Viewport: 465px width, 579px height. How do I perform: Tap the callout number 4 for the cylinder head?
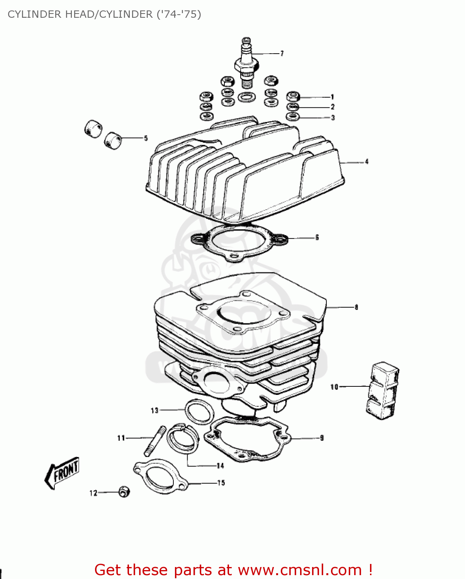pos(367,162)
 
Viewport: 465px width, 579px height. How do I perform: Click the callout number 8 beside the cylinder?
pos(356,307)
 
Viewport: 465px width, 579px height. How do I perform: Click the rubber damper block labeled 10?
pos(382,390)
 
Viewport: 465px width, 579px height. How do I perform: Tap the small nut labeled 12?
pos(124,492)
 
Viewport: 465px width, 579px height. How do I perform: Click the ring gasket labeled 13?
pos(200,411)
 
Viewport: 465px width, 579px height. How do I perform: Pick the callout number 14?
pos(220,466)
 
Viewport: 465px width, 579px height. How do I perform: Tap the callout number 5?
pos(146,138)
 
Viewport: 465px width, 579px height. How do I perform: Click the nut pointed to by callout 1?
pos(293,96)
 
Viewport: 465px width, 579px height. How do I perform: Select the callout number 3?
pos(333,118)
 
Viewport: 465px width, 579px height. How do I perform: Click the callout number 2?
pos(333,107)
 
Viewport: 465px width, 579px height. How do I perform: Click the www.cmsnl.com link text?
pos(300,570)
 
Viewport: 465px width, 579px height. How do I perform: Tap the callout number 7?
pos(282,53)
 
